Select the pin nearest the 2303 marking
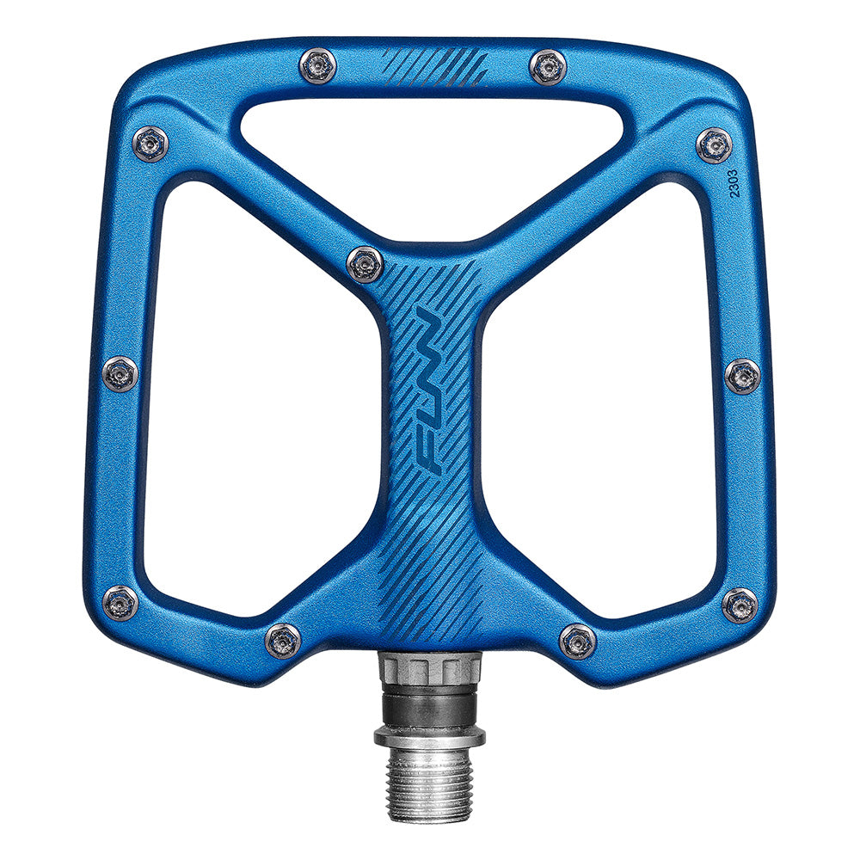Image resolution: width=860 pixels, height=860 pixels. (714, 145)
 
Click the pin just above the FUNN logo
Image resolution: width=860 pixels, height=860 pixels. (365, 263)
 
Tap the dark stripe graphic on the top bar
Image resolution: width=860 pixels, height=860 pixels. (434, 66)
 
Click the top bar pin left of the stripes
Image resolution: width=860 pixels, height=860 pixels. (317, 66)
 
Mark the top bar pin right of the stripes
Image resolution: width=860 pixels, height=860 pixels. (548, 67)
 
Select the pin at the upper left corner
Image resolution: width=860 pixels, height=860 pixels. (150, 144)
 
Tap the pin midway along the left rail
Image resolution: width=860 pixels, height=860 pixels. (120, 374)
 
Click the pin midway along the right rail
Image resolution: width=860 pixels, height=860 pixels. (742, 376)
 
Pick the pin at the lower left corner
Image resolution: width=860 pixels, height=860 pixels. (120, 604)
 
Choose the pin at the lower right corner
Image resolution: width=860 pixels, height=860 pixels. (740, 605)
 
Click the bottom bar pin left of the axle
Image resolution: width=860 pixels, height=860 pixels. (283, 641)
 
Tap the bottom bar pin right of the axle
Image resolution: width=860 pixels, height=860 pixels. (577, 642)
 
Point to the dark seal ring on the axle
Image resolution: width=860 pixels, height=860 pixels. (429, 707)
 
